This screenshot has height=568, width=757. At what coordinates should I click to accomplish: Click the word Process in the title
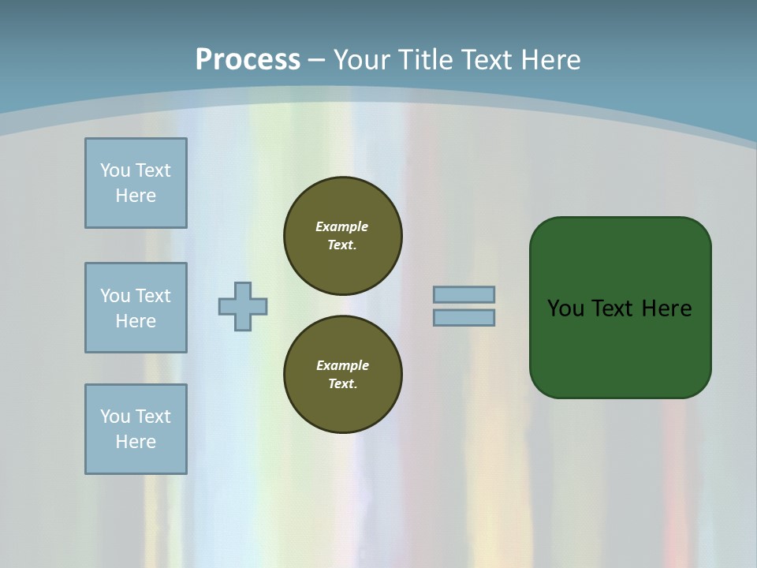pyautogui.click(x=248, y=59)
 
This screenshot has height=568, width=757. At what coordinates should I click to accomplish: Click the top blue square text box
pyautogui.click(x=136, y=183)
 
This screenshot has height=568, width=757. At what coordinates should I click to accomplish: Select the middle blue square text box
pyautogui.click(x=136, y=308)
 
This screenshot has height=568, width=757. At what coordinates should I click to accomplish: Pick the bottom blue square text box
pyautogui.click(x=136, y=429)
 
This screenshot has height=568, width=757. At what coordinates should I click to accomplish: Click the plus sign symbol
pyautogui.click(x=243, y=306)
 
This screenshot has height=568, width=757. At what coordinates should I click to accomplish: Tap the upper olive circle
pyautogui.click(x=342, y=235)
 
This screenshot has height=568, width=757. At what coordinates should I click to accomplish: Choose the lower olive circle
pyautogui.click(x=342, y=374)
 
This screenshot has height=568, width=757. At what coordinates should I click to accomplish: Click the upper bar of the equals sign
pyautogui.click(x=464, y=295)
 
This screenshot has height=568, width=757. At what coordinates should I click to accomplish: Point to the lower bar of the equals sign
pyautogui.click(x=464, y=318)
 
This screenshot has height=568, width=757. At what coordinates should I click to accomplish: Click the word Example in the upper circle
pyautogui.click(x=342, y=226)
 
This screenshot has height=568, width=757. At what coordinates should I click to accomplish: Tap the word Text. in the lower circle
pyautogui.click(x=342, y=383)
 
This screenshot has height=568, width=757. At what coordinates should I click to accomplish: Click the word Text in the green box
pyautogui.click(x=613, y=308)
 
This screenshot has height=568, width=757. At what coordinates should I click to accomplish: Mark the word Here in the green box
pyautogui.click(x=666, y=308)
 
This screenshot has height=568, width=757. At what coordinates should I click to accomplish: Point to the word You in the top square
pyautogui.click(x=115, y=170)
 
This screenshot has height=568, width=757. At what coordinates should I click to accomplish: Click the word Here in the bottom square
pyautogui.click(x=136, y=442)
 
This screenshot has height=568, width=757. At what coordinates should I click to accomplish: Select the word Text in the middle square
pyautogui.click(x=153, y=296)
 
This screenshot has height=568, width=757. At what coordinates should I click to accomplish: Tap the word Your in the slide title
pyautogui.click(x=364, y=60)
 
